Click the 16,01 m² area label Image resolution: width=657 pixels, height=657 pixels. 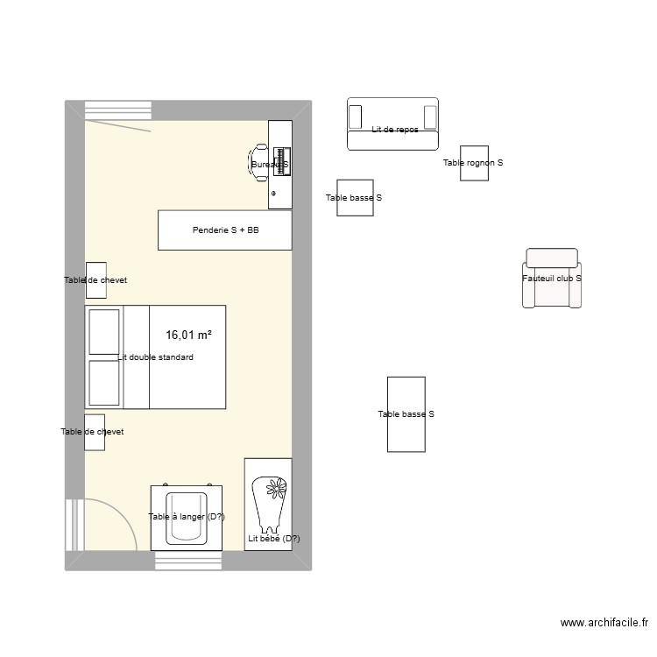(188, 335)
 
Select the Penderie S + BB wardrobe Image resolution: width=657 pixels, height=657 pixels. (224, 230)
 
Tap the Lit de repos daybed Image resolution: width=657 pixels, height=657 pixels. (392, 124)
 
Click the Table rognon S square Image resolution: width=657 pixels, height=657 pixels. (474, 163)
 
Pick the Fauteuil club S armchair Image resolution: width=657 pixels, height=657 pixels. (552, 278)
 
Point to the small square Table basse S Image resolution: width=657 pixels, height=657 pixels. (354, 198)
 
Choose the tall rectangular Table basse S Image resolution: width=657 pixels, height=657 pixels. (406, 414)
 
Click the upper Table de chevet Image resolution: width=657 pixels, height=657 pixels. (95, 280)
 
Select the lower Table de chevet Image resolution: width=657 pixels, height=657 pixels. (95, 432)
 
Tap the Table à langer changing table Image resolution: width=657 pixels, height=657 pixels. (187, 517)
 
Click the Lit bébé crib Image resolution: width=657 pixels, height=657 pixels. (268, 504)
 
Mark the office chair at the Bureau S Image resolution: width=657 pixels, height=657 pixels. (259, 163)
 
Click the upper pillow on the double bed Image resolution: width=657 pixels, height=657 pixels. (104, 332)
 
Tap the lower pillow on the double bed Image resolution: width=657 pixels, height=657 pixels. (104, 383)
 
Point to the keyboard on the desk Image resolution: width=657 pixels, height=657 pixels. (281, 163)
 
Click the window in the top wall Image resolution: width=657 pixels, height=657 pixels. (118, 110)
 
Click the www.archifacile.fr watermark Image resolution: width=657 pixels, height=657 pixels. (604, 624)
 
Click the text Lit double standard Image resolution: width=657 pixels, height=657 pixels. (155, 357)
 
